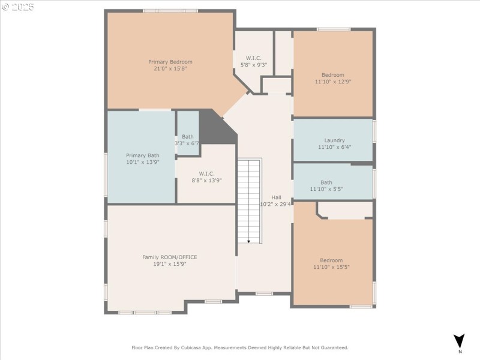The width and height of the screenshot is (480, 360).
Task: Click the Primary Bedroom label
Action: tap(170, 62)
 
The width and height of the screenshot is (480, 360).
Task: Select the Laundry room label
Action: tap(334, 140)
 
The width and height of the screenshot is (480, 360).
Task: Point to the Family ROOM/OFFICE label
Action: tap(169, 257)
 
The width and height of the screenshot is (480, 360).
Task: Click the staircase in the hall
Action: tap(250, 200)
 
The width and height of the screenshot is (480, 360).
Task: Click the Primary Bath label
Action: tap(142, 155)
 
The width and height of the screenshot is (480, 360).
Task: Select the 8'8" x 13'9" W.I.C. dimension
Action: tap(206, 180)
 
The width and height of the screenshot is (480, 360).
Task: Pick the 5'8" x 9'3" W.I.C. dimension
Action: tap(253, 65)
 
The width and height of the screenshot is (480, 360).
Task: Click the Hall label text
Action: tap(276, 197)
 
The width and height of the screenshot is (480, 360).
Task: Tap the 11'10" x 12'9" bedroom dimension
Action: tap(332, 82)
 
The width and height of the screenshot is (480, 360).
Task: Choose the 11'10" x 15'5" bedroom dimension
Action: tap(331, 267)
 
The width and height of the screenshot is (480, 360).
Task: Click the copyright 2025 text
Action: tap(18, 7)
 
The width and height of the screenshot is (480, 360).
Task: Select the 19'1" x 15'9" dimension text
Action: tap(169, 264)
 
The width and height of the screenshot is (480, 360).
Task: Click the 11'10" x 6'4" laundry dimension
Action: tap(334, 147)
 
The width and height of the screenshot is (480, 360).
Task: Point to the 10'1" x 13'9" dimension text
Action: tap(142, 163)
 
